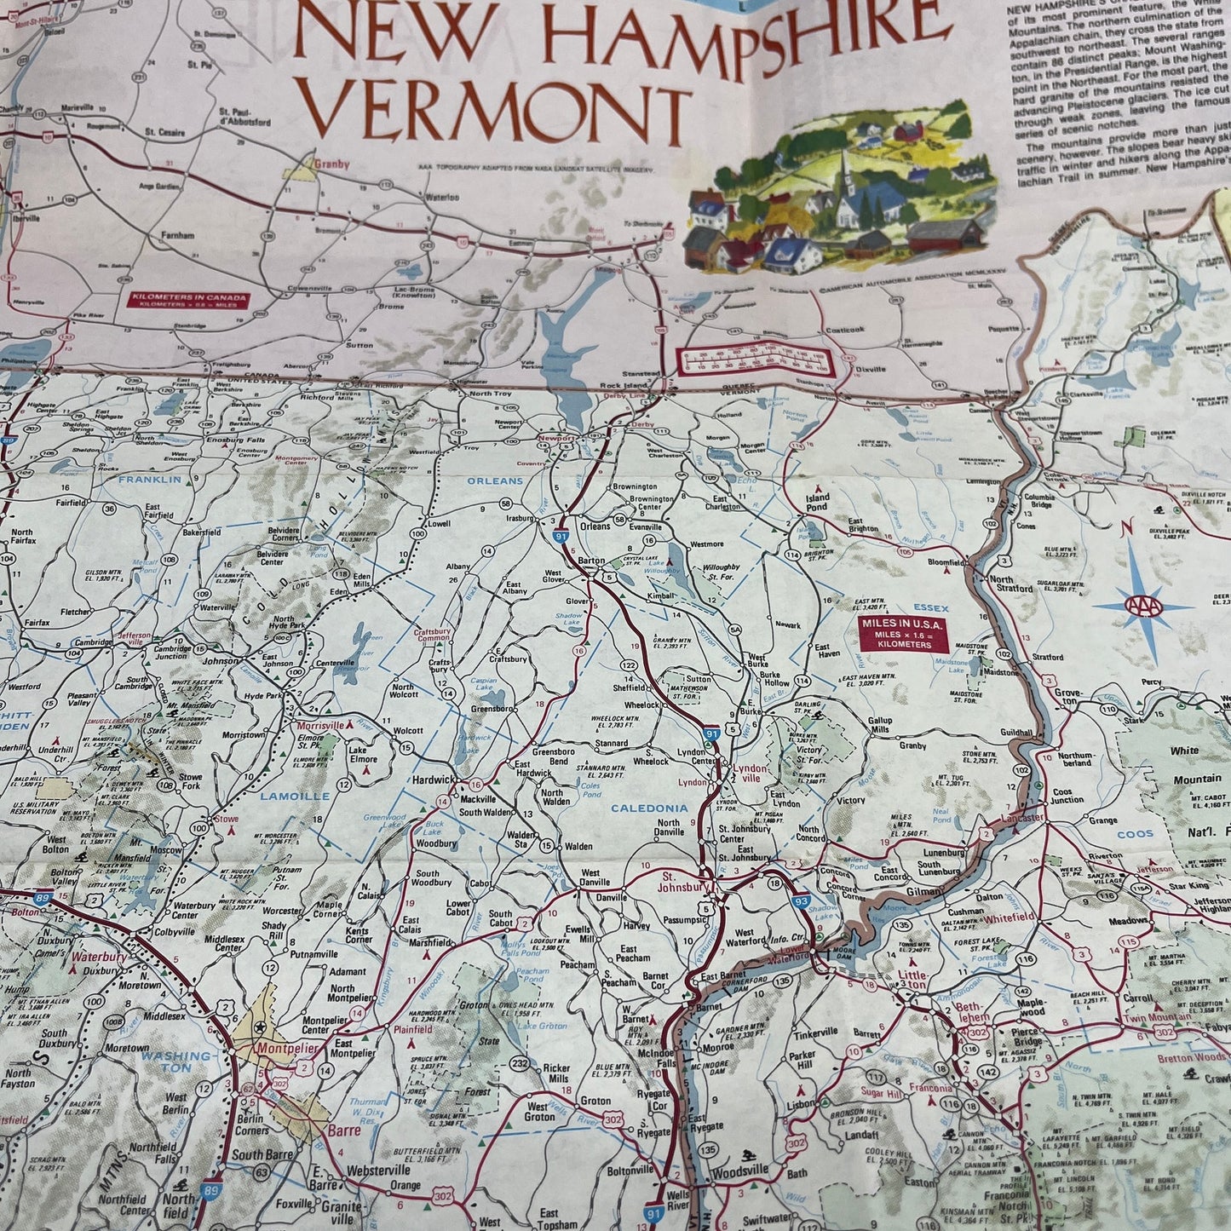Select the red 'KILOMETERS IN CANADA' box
pyautogui.click(x=188, y=300)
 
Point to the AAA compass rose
pyautogui.click(x=1142, y=606)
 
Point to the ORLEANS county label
pyautogui.click(x=494, y=481)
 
